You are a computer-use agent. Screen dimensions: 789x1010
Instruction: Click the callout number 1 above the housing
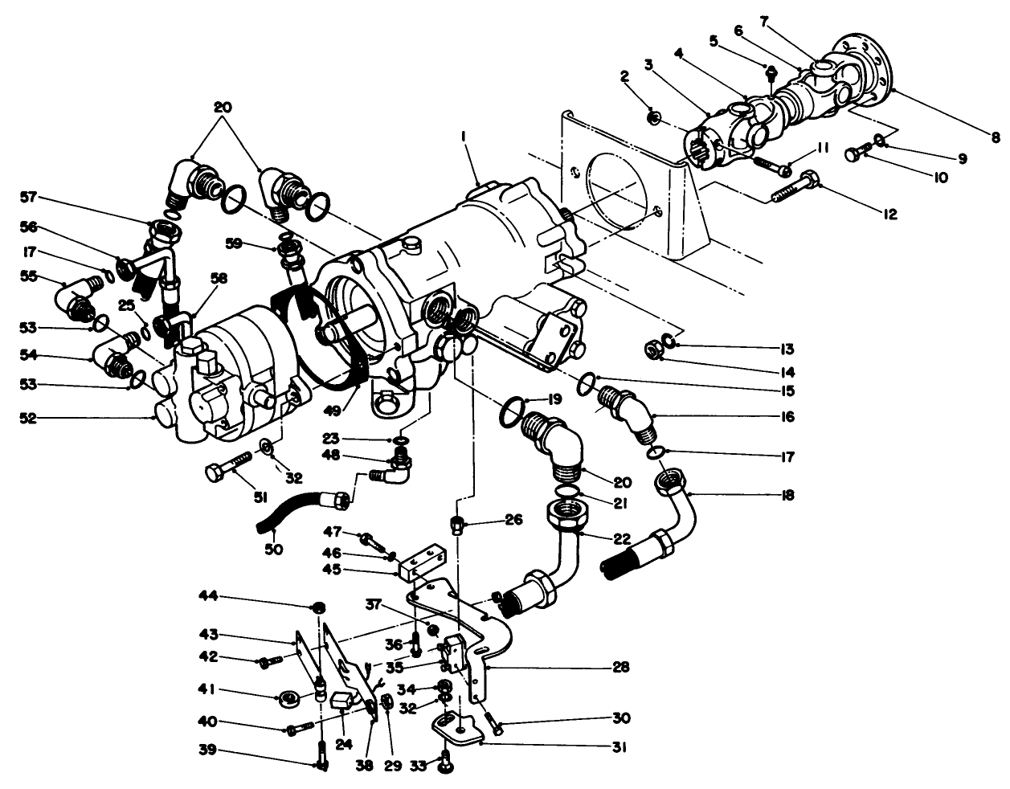pyautogui.click(x=464, y=138)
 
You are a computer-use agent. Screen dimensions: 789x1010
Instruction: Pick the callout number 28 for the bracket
pyautogui.click(x=619, y=667)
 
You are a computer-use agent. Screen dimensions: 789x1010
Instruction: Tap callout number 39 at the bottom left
pyautogui.click(x=207, y=750)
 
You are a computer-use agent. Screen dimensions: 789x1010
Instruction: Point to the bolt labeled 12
pyautogui.click(x=795, y=190)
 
